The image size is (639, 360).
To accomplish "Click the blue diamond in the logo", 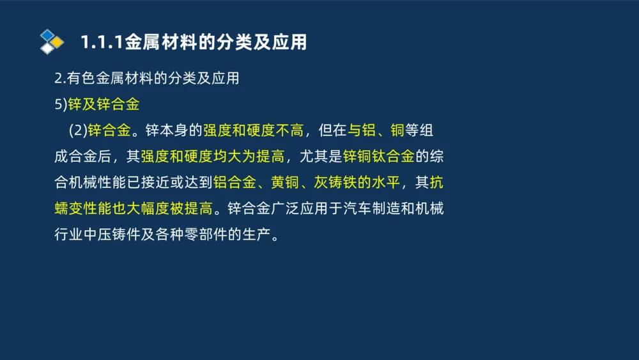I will point(47,35).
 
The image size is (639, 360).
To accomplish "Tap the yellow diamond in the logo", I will point(58,42).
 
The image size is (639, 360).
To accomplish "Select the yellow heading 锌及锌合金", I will point(104,104).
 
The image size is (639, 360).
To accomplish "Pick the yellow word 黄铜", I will point(286,183).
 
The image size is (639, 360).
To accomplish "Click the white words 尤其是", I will point(321,157).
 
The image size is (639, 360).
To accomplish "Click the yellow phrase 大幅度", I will point(151,208).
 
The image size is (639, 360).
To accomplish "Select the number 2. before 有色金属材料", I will point(59,79).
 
